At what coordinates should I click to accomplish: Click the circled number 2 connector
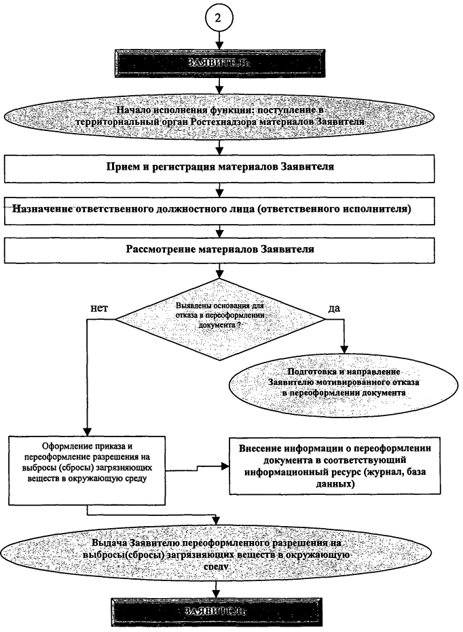[x=219, y=18]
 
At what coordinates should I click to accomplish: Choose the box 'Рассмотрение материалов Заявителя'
[x=219, y=248]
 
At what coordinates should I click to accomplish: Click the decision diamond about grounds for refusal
[x=219, y=315]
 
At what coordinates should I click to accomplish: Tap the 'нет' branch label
[x=100, y=308]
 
